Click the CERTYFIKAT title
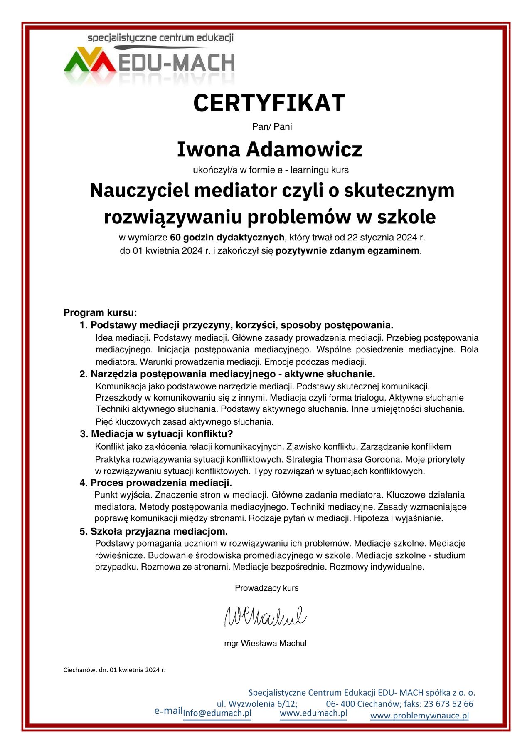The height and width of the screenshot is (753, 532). (269, 103)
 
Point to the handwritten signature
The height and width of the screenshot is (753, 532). (265, 616)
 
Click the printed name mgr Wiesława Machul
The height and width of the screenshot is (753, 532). (265, 643)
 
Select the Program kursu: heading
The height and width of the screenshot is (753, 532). (100, 312)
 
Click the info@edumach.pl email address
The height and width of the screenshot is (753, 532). (217, 713)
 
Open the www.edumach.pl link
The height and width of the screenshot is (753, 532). (313, 713)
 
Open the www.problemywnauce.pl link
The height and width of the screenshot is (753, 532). (419, 716)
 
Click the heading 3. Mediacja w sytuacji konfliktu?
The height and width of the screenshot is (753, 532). (156, 434)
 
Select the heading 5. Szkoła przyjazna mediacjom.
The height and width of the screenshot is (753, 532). (154, 531)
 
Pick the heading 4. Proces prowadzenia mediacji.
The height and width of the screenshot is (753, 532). (156, 483)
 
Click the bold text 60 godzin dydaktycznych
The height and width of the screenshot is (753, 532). (227, 238)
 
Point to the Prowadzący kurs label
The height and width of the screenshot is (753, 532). (267, 588)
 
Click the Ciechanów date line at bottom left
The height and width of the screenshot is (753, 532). (114, 670)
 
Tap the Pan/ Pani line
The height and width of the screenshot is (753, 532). (272, 126)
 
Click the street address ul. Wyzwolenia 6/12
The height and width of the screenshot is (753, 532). (257, 704)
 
